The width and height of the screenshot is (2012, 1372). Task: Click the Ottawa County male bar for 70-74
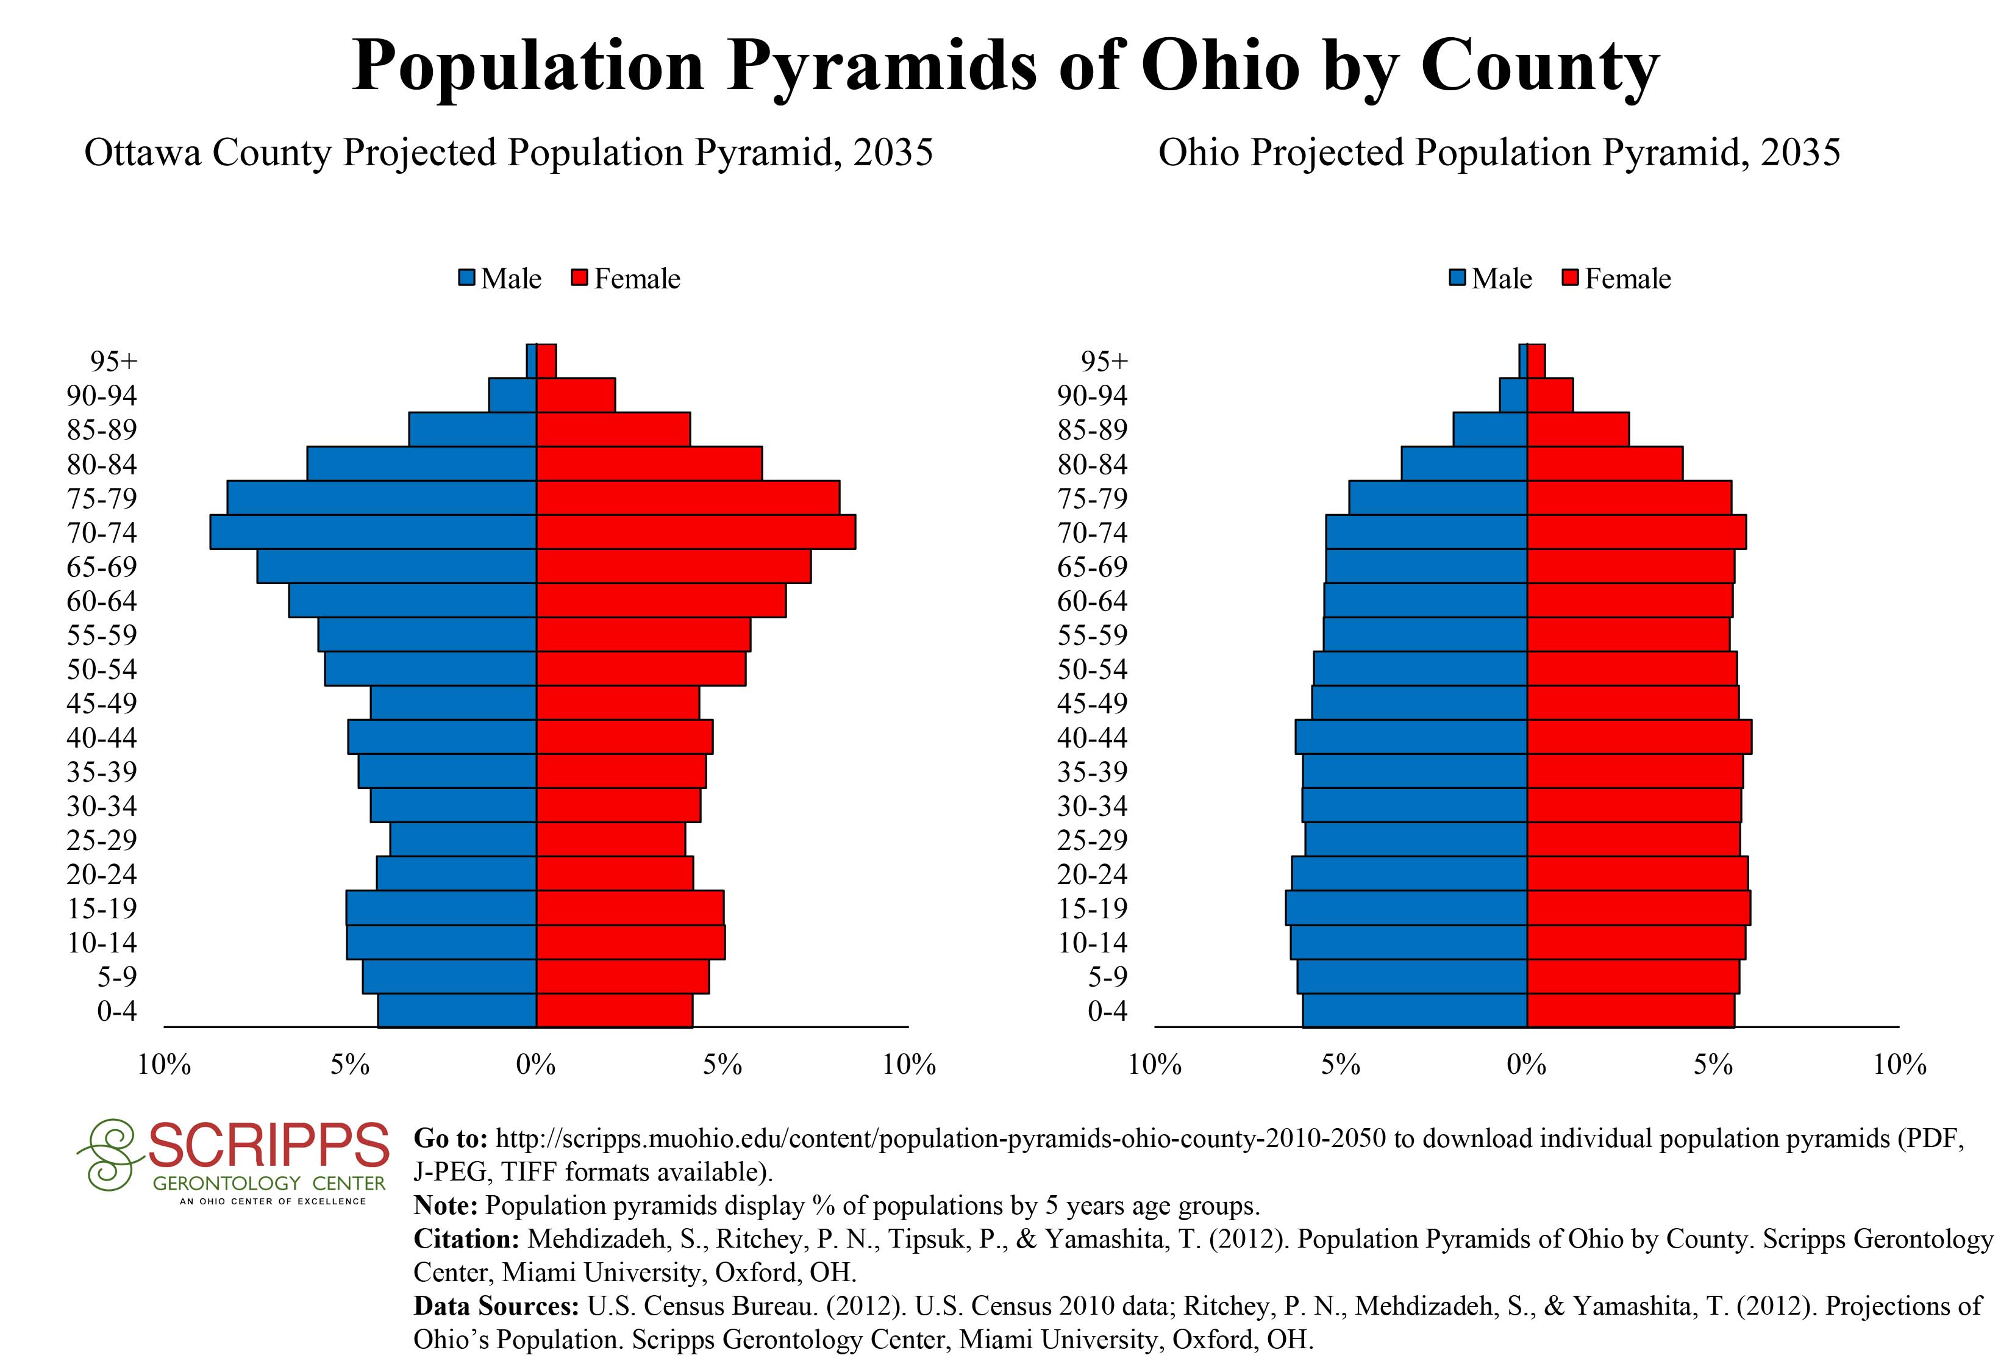point(373,532)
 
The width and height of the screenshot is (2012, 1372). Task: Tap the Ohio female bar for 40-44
point(1639,737)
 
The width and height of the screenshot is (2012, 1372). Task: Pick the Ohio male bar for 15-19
point(1406,908)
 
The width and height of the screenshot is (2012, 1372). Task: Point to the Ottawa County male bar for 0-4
point(457,1011)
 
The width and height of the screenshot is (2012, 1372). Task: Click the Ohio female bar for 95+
point(1536,361)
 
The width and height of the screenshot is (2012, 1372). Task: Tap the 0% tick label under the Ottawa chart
point(536,1065)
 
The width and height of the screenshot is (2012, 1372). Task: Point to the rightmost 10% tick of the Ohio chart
point(1899,1065)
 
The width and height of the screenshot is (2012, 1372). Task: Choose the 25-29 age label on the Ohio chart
point(1093,840)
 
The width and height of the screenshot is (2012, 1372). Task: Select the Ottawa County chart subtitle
point(509,153)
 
